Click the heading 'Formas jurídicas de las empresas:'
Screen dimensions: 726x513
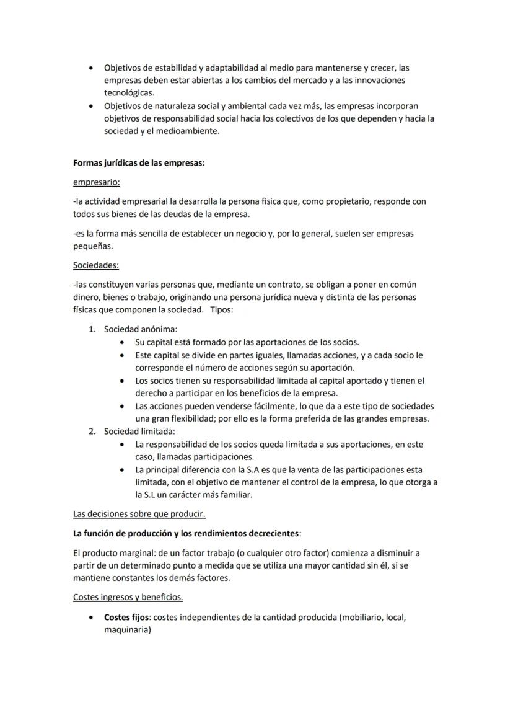(139, 164)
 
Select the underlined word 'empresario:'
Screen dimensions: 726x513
(97, 182)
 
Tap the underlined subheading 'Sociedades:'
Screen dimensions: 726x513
(96, 265)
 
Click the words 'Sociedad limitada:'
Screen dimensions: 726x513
(139, 431)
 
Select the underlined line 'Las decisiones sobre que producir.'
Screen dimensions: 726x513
(139, 514)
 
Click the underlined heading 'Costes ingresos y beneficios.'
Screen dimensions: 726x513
(128, 597)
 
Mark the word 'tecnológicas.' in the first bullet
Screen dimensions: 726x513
(129, 92)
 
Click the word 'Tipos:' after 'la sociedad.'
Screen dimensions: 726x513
(222, 310)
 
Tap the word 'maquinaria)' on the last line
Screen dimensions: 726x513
(128, 630)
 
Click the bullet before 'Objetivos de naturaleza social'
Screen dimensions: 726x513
(92, 106)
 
